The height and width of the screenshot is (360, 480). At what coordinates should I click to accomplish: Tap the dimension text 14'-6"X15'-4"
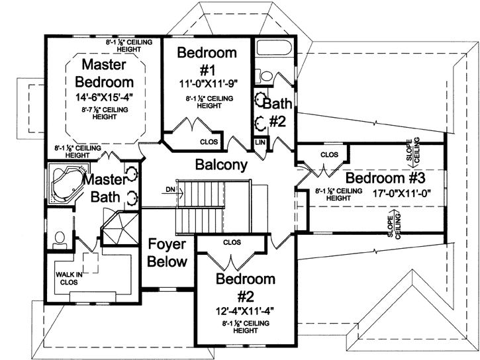(105, 97)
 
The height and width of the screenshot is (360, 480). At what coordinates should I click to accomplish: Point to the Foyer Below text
(167, 252)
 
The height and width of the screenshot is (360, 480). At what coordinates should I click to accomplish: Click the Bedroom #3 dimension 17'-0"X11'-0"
(384, 193)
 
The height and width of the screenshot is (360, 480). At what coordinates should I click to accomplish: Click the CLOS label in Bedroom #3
(329, 155)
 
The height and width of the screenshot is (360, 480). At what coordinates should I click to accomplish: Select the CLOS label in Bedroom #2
(232, 242)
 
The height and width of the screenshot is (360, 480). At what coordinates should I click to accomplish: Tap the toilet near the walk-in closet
(59, 237)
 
